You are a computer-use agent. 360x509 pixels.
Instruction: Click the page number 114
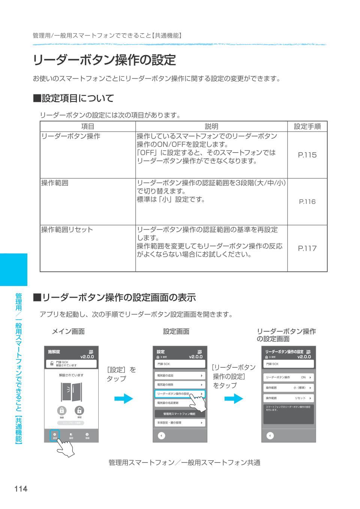tap(21, 489)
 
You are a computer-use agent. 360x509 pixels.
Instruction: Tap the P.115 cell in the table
tap(307, 155)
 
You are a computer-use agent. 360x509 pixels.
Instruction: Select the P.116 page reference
tap(307, 202)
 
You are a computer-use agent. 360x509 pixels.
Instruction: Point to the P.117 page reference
tap(307, 248)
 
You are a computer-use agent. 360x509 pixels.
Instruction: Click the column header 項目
tap(88, 127)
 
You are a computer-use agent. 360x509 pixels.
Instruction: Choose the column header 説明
tap(211, 127)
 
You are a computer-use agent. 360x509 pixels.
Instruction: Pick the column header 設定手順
tap(307, 127)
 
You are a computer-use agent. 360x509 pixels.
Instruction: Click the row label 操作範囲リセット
tap(67, 230)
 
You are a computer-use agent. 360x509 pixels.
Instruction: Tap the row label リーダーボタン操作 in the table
tap(71, 136)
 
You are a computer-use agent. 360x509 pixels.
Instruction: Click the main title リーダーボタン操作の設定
tap(104, 60)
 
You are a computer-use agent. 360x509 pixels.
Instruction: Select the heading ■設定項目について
tap(73, 99)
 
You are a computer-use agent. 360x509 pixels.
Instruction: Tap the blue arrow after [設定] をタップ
tap(123, 398)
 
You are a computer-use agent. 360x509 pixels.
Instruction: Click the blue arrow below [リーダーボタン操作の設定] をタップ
tap(234, 398)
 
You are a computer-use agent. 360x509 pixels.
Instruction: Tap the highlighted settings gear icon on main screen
tap(55, 435)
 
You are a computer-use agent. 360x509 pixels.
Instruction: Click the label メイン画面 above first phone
tap(68, 331)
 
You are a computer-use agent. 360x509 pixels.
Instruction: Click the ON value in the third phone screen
tap(303, 377)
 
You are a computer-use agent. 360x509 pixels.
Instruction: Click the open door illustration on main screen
tap(71, 392)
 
